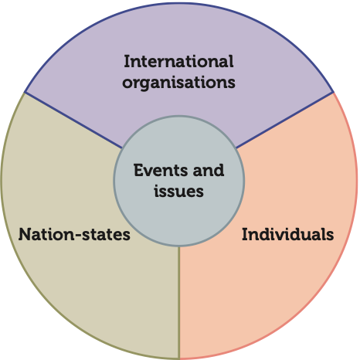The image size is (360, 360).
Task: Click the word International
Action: (178, 62)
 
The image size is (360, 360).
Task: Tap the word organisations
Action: (178, 83)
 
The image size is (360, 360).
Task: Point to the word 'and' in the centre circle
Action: (209, 170)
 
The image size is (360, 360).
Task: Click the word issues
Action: (178, 191)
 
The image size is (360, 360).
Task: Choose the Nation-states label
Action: (74, 234)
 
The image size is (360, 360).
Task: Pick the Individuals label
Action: (288, 234)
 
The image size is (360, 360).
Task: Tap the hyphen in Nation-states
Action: (78, 236)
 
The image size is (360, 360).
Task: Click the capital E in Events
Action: (138, 170)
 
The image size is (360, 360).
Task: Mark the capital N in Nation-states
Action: (24, 234)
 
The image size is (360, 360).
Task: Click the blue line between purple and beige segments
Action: (73, 120)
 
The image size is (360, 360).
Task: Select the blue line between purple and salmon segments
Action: (285, 120)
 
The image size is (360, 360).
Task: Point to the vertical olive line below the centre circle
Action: (179, 302)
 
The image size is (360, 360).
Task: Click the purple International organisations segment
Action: (178, 39)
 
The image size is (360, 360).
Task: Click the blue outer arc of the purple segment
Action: (178, 3)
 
